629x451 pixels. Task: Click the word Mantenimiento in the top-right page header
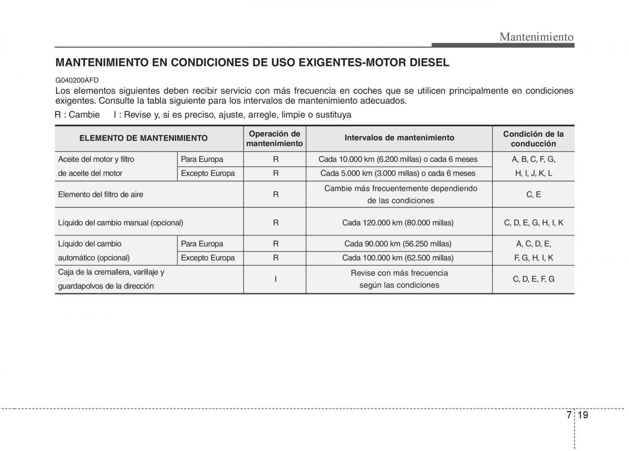(536, 37)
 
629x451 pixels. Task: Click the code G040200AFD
(77, 80)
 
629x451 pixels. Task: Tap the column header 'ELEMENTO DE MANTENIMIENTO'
(143, 138)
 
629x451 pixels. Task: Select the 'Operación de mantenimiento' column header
(275, 138)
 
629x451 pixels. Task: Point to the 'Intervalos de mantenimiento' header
(399, 138)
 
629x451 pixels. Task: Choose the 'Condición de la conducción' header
(533, 138)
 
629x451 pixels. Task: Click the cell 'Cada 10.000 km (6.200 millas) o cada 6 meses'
(399, 159)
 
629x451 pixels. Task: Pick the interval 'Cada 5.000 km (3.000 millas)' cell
(399, 173)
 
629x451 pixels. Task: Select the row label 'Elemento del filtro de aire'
(101, 194)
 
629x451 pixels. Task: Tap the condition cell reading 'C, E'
(533, 194)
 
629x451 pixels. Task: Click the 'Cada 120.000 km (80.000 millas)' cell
(399, 223)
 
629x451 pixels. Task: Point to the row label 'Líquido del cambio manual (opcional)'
(121, 223)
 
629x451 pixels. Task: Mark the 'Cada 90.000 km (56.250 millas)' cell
(399, 244)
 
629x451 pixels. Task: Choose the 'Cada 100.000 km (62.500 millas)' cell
(399, 258)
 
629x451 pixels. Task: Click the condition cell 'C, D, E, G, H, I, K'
(533, 223)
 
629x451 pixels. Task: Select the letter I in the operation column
(275, 279)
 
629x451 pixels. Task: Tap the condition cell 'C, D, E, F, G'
(533, 279)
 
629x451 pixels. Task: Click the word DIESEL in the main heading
(423, 63)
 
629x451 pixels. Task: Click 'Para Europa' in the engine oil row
(202, 159)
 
